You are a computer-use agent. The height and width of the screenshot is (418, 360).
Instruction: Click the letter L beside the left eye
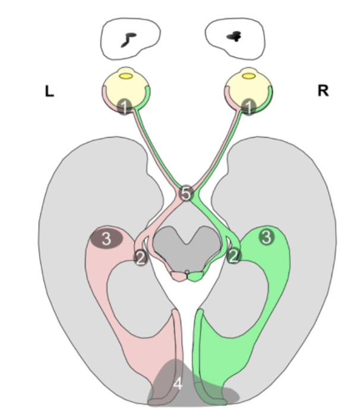(49, 91)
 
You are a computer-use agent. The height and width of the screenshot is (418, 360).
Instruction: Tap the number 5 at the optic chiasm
(186, 194)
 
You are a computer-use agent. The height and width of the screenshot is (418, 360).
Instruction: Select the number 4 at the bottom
(178, 384)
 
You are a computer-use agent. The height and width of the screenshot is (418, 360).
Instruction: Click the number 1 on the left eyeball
(124, 107)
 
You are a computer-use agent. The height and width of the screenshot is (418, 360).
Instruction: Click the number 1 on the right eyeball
(250, 107)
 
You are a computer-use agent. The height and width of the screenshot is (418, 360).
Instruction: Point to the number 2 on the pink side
(141, 257)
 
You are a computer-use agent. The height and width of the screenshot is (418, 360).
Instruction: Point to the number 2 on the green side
(234, 256)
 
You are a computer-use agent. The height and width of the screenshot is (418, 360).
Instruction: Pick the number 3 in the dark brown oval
(106, 239)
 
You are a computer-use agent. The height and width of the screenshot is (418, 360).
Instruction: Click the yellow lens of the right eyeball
(248, 75)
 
